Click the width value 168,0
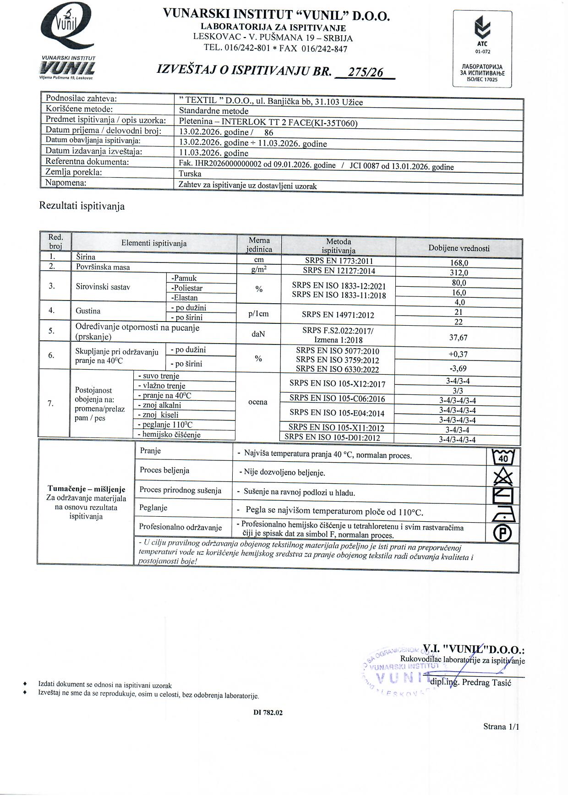459,263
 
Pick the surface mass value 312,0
459,273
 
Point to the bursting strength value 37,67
459,338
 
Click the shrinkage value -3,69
459,368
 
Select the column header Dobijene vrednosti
459,248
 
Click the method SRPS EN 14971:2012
338,315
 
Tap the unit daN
258,334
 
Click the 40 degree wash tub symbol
503,456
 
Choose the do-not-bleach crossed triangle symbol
503,476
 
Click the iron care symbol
503,514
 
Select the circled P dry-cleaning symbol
503,533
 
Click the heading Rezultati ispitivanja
82,206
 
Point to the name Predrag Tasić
486,683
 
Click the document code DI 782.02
268,713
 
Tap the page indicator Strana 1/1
501,727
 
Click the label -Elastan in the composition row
185,298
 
